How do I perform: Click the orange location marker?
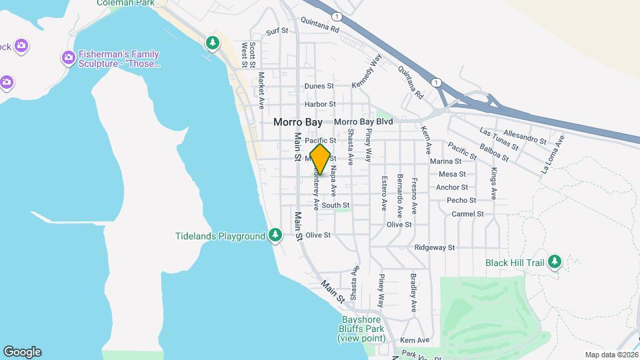pos(320,159)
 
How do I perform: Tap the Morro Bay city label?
pos(297,123)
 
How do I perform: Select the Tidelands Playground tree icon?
pos(275,236)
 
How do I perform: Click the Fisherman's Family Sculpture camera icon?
pos(67,59)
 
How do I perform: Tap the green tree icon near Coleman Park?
pos(213,43)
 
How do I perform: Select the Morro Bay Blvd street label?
pos(363,122)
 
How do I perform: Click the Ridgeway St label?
pos(434,247)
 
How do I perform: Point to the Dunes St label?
pos(319,86)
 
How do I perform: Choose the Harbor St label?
pos(319,105)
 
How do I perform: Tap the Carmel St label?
pos(467,214)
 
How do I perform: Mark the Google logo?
pos(22,352)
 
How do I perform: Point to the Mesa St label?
pos(451,174)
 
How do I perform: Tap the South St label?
pos(335,205)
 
